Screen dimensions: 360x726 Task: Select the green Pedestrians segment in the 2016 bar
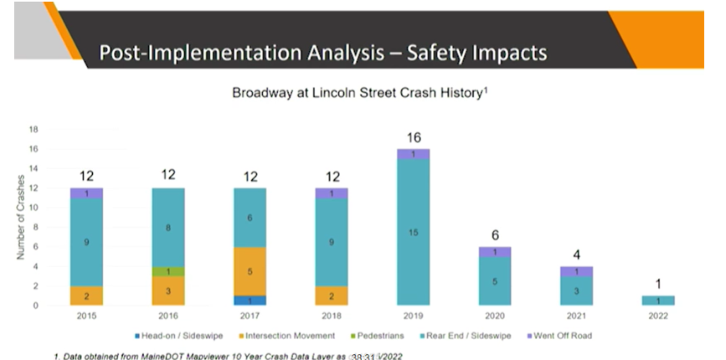[168, 271]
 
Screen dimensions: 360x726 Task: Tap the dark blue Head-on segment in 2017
[250, 300]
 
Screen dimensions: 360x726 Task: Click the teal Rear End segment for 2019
[413, 232]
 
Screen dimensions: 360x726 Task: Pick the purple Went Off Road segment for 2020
[495, 252]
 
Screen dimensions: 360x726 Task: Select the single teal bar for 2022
[657, 301]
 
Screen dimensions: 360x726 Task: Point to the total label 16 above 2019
[413, 136]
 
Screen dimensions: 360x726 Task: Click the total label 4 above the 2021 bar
[576, 254]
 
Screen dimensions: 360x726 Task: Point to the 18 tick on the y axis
[34, 130]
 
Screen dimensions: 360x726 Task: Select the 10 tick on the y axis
[34, 208]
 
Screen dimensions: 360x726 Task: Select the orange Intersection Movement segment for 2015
[87, 296]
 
